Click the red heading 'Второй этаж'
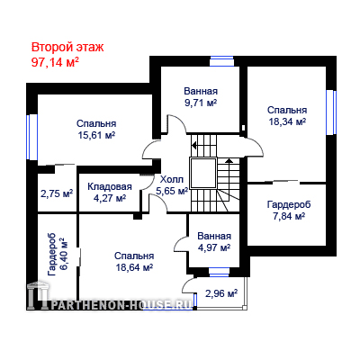pyautogui.click(x=67, y=48)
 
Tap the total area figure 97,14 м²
pyautogui.click(x=55, y=62)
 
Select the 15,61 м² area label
pyautogui.click(x=96, y=135)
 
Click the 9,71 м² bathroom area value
pyautogui.click(x=201, y=103)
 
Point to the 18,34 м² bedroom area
pyautogui.click(x=287, y=121)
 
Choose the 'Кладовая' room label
pyautogui.click(x=110, y=186)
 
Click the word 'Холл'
pyautogui.click(x=172, y=180)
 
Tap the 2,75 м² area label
pyautogui.click(x=57, y=193)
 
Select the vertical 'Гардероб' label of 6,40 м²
pyautogui.click(x=51, y=254)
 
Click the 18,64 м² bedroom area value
pyautogui.click(x=134, y=267)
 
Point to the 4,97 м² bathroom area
pyautogui.click(x=214, y=247)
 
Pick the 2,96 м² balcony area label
pyautogui.click(x=221, y=293)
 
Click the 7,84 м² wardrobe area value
pyautogui.click(x=289, y=216)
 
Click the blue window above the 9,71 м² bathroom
pyautogui.click(x=221, y=61)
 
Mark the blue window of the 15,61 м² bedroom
pyautogui.click(x=32, y=137)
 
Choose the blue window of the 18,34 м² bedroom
pyautogui.click(x=331, y=112)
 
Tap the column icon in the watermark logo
pyautogui.click(x=36, y=296)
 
